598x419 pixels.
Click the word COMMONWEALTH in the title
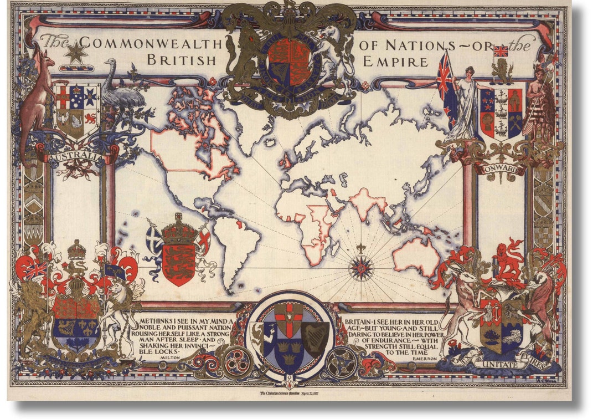149,43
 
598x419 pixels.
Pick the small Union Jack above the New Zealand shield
501,52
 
